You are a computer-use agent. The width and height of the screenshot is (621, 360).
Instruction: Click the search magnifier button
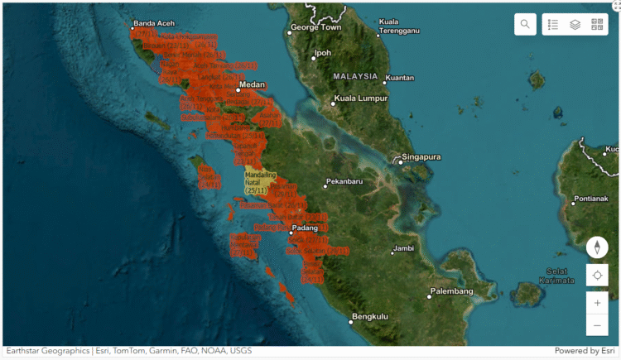click(525, 25)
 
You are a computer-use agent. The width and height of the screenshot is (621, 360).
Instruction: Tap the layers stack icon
click(575, 25)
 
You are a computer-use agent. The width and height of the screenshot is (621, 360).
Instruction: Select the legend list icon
click(554, 25)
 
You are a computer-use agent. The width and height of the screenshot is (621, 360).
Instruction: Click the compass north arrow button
click(597, 247)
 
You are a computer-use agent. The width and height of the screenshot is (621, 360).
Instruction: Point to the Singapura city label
click(421, 156)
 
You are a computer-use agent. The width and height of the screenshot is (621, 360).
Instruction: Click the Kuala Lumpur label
click(360, 98)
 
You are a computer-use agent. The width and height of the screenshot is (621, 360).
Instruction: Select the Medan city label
click(252, 84)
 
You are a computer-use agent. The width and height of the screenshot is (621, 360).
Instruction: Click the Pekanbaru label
click(348, 180)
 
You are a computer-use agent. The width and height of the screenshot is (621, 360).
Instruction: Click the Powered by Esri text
click(583, 351)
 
